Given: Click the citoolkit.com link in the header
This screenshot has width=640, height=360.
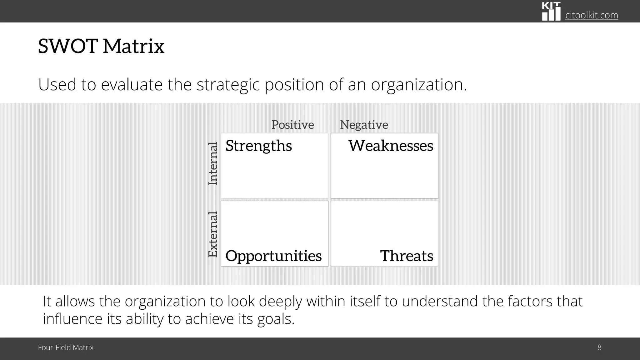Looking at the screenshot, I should point(591,15).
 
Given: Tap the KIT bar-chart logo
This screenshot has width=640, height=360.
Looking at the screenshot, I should point(551,12).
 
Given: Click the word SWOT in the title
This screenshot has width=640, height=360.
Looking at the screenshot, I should point(68,46).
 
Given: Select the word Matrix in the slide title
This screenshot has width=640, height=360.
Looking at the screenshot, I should point(133,46).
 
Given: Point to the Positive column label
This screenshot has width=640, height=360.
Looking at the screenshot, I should point(292,125).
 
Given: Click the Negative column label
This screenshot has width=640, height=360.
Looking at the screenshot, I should point(364,125).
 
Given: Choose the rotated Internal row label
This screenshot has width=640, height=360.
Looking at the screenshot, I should point(213,163).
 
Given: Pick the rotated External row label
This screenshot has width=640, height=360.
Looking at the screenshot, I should point(213,234).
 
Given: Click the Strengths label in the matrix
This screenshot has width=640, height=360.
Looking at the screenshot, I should point(259,146).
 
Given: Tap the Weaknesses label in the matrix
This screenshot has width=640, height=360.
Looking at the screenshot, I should point(391,146).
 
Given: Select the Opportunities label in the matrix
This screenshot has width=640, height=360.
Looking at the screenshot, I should point(273,256).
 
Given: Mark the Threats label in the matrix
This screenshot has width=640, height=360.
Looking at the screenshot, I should point(407,256).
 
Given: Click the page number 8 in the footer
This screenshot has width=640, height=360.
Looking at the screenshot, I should point(599,347).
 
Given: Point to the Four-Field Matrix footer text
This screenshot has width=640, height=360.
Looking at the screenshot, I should point(66,347).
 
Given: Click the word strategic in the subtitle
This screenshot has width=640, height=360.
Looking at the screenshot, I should point(228,85).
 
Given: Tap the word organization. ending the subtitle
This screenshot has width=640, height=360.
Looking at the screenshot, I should point(419,85).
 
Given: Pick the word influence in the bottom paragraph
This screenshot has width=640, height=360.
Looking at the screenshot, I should point(72,319).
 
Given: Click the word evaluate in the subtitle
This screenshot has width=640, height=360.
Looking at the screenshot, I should point(132,85).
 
